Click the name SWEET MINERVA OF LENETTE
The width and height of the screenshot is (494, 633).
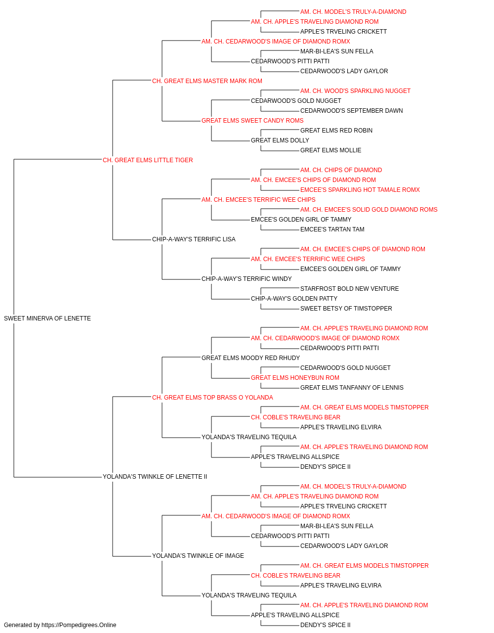click(x=47, y=318)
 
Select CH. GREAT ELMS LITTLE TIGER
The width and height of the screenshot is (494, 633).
click(x=148, y=160)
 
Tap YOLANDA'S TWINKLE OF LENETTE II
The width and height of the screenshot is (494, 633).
click(x=155, y=477)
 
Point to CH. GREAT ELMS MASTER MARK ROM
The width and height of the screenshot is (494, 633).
click(x=207, y=81)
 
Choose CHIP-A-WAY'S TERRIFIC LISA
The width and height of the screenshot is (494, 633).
click(x=194, y=239)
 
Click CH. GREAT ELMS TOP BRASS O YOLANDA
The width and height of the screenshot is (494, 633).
click(x=213, y=398)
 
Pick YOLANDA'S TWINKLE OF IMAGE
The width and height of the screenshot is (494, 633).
click(x=198, y=556)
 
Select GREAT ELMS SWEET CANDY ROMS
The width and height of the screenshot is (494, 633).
click(x=252, y=121)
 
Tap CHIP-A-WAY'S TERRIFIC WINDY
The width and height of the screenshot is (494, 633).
click(x=247, y=279)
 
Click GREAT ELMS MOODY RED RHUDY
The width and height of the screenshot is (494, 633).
click(x=251, y=358)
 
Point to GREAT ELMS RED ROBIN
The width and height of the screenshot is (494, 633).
click(x=336, y=131)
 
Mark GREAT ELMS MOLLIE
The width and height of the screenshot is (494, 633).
click(x=331, y=150)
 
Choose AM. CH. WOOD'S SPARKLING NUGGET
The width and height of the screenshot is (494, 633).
click(x=356, y=91)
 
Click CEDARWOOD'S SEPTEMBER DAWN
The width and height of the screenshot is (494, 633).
click(x=352, y=111)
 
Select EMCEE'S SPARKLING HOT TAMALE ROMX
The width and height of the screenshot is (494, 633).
click(x=360, y=190)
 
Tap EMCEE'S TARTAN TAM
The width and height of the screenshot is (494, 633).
click(x=332, y=229)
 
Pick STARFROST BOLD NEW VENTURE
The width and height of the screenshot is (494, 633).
click(x=350, y=289)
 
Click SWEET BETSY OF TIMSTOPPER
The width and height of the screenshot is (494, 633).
click(x=346, y=309)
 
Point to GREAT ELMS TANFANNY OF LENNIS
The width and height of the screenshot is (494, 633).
click(x=352, y=388)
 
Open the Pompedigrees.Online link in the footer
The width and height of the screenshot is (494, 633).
click(x=79, y=625)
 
